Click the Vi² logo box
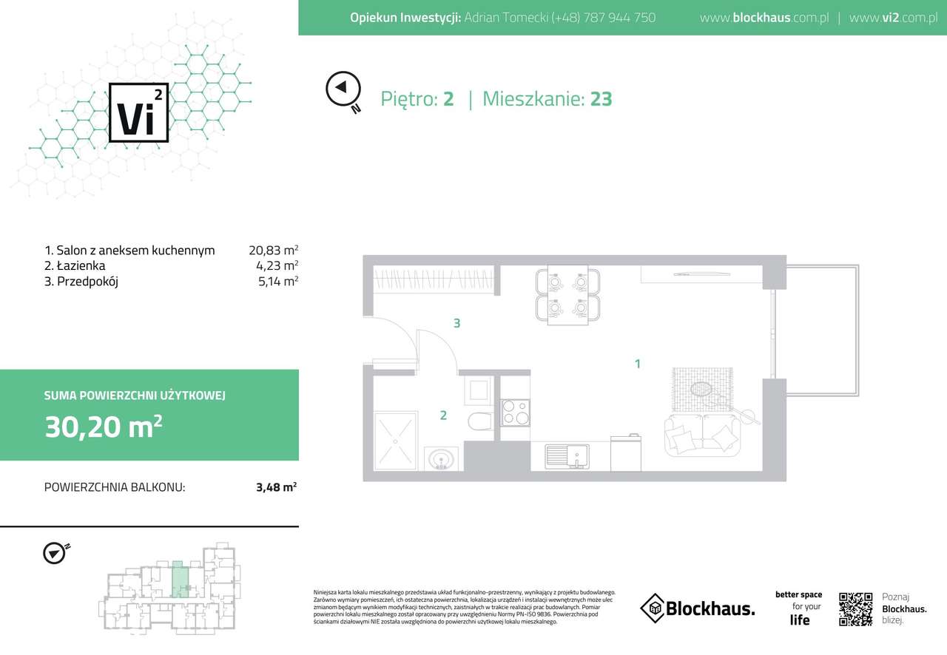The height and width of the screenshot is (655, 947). (x=138, y=112)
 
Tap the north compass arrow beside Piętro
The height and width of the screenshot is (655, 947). (x=342, y=88)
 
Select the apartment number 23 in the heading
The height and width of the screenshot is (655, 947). (x=601, y=99)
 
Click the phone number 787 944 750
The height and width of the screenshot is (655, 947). (x=603, y=17)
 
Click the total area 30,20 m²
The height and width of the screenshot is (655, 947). (x=103, y=427)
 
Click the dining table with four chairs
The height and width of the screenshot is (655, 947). (x=567, y=294)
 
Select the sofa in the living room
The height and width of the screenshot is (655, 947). (x=702, y=436)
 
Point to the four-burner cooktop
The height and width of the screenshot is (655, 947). (x=516, y=411)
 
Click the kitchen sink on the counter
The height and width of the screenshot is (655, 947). (x=567, y=456)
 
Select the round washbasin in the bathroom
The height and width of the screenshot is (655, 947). (x=441, y=459)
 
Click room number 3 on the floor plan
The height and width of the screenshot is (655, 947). (x=457, y=323)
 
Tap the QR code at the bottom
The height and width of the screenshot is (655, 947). (x=856, y=608)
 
